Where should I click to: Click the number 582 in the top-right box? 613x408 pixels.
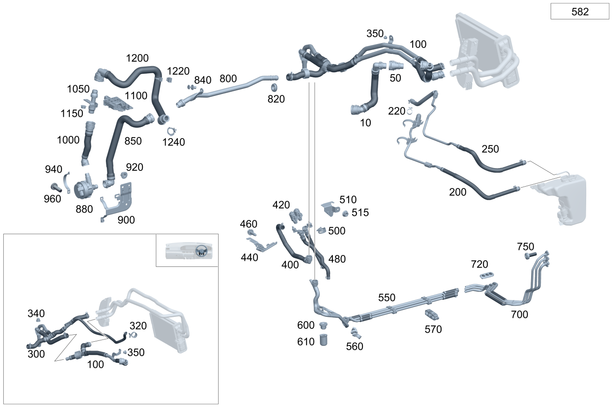(x=580, y=12)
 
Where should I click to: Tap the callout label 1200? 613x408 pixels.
(x=137, y=58)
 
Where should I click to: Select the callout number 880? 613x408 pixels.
(x=84, y=209)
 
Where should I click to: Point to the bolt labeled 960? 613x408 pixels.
(x=55, y=188)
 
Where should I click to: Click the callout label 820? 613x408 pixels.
(x=276, y=99)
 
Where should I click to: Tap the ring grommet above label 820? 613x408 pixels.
(x=273, y=88)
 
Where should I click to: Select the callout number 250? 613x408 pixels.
(x=490, y=149)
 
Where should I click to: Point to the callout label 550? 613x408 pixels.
(x=387, y=297)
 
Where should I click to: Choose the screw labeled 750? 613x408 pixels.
(x=530, y=255)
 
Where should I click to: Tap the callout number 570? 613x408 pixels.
(x=433, y=329)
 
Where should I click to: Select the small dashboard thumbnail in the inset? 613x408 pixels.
(x=187, y=250)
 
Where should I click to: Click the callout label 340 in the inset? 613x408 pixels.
(x=36, y=314)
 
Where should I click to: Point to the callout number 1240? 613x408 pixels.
(x=174, y=142)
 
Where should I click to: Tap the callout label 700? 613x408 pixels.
(x=519, y=315)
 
